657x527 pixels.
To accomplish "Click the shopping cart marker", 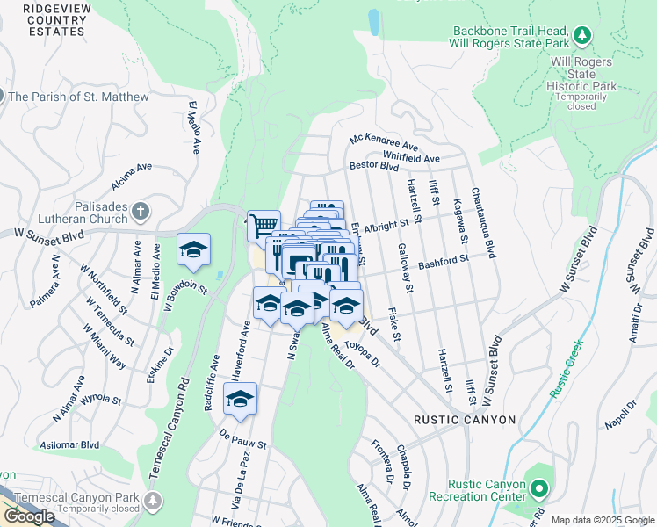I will tap(263, 226).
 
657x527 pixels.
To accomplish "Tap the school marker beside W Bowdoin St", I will tap(193, 249).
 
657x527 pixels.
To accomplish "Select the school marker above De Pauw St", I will tap(240, 399).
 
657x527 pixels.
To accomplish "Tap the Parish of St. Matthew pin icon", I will tap(2, 96).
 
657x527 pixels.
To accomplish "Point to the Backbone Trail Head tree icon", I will tap(581, 35).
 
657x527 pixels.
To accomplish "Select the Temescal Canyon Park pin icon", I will tap(155, 501).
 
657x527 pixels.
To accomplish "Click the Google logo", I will tap(28, 516).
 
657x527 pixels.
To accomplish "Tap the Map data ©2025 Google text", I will tap(602, 520).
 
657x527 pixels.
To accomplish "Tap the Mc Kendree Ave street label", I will tap(384, 141).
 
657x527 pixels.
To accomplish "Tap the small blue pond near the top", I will tap(373, 21).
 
